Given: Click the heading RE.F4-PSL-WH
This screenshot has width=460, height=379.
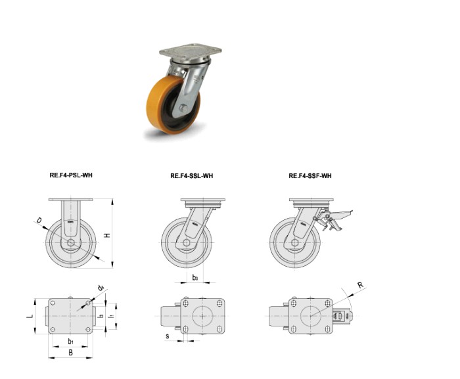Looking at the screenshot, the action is point(71,175).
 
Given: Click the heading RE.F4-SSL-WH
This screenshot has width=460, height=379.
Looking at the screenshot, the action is point(192,176).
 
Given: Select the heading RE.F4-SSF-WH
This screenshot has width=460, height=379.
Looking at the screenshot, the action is point(310,176).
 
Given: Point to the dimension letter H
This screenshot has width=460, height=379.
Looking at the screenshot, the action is point(108,235).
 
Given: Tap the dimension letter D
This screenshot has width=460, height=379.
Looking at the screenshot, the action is point(39,220).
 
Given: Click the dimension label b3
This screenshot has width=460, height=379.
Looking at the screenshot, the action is point(195,277).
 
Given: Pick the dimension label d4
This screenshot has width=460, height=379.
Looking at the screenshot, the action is point(101,288).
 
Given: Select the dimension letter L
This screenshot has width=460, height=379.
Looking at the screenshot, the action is point(30,316).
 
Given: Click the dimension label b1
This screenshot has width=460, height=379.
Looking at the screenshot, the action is point(70,341).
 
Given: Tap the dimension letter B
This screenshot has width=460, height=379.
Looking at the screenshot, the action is point(70,352).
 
